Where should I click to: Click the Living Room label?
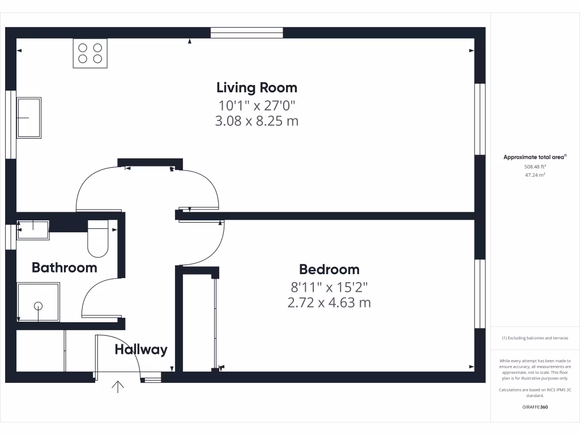click(257, 88)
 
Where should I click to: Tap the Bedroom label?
click(329, 269)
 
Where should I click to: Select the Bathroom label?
click(64, 267)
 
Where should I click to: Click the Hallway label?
click(141, 349)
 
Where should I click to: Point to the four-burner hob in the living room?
click(90, 53)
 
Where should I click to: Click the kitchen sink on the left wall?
click(29, 118)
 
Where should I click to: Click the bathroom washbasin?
click(33, 229)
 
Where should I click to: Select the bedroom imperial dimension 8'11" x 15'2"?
click(329, 287)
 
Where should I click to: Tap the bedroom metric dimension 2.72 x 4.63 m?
click(329, 302)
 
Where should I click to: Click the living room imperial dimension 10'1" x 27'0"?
click(257, 105)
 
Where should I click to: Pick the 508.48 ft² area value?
click(535, 167)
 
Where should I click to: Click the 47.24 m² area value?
click(535, 175)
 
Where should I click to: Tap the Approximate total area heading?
click(535, 157)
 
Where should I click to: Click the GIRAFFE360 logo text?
click(535, 407)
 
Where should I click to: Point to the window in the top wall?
click(246, 33)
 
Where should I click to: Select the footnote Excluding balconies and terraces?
click(535, 338)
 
